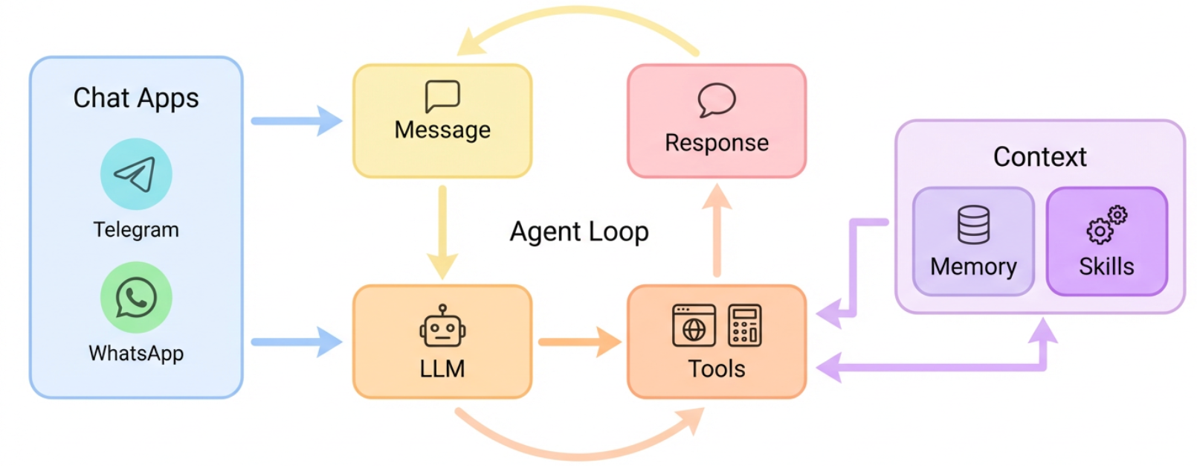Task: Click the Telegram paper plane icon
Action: pyautogui.click(x=136, y=174)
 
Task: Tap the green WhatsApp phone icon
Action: pyautogui.click(x=136, y=298)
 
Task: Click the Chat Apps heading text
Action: pyautogui.click(x=136, y=98)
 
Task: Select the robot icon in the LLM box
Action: pyautogui.click(x=442, y=327)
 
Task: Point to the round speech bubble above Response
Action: pyautogui.click(x=717, y=100)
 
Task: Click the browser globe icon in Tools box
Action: pyautogui.click(x=694, y=325)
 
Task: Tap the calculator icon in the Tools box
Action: pyautogui.click(x=744, y=325)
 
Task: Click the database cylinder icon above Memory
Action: pyautogui.click(x=973, y=225)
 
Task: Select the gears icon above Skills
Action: pyautogui.click(x=1106, y=225)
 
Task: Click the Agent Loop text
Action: pyautogui.click(x=578, y=232)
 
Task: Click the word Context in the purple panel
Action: pyautogui.click(x=1039, y=157)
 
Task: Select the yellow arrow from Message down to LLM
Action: pyautogui.click(x=442, y=231)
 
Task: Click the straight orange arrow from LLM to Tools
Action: pyautogui.click(x=579, y=342)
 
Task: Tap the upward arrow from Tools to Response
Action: pyautogui.click(x=717, y=231)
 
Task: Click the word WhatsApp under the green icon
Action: pyautogui.click(x=136, y=354)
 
